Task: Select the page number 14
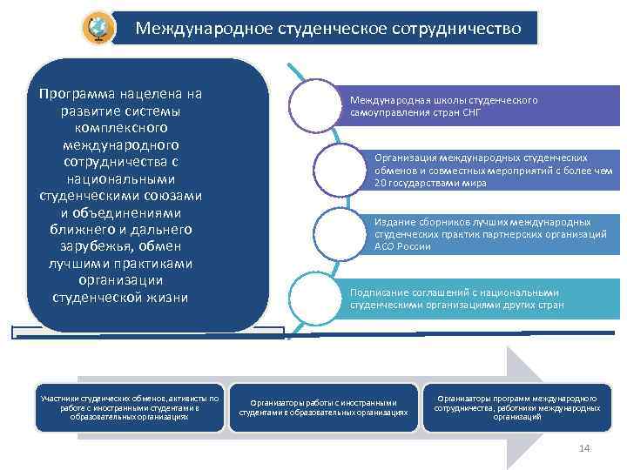pos(584,447)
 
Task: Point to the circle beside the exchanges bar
pos(336,167)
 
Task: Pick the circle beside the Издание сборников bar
pos(336,233)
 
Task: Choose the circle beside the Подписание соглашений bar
pos(312,299)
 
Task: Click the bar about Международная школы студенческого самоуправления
pos(479,106)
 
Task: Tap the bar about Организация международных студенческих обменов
pos(492,170)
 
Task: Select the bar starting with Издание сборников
pos(492,234)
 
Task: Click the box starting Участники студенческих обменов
pos(130,407)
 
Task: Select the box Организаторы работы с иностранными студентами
pos(323,407)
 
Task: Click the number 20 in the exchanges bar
pos(381,183)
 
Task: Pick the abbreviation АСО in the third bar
pos(385,246)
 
